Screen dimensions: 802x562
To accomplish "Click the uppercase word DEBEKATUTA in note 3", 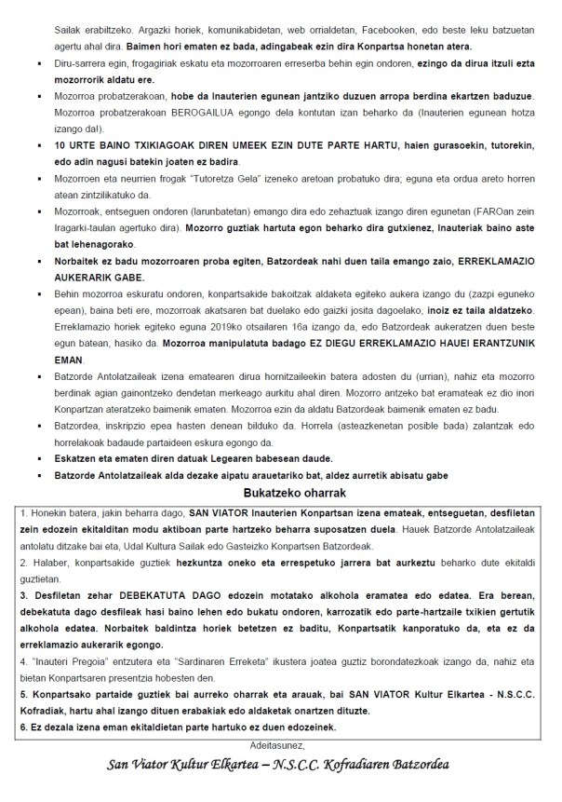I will coord(144,593).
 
